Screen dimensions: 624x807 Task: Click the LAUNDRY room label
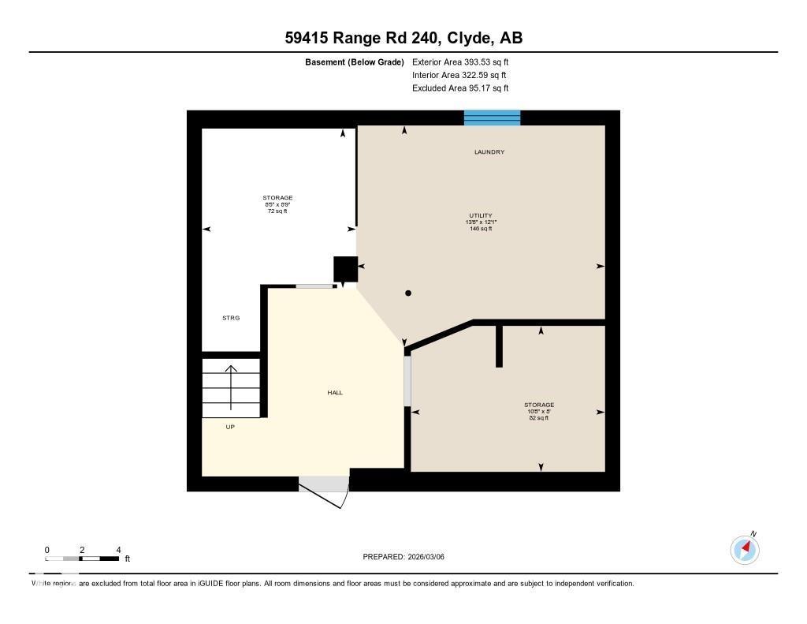[x=489, y=151]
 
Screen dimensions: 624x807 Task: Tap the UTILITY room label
[x=480, y=215]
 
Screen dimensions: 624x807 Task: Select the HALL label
[x=335, y=392]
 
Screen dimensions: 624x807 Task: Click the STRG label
[x=230, y=318]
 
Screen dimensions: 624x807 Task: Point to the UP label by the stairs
[x=230, y=427]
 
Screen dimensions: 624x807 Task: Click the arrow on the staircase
[x=231, y=387]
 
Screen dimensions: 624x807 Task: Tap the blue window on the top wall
[x=492, y=118]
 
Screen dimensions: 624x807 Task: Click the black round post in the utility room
[x=408, y=293]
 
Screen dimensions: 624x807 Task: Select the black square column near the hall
[x=345, y=269]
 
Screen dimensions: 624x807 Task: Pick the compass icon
[x=745, y=549]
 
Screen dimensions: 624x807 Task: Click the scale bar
[x=82, y=559]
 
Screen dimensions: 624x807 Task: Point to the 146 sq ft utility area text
[x=480, y=229]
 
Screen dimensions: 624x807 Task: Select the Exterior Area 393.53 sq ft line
[x=466, y=62]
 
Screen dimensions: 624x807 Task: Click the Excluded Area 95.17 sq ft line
[x=466, y=88]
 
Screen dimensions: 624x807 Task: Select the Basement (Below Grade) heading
[x=355, y=62]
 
